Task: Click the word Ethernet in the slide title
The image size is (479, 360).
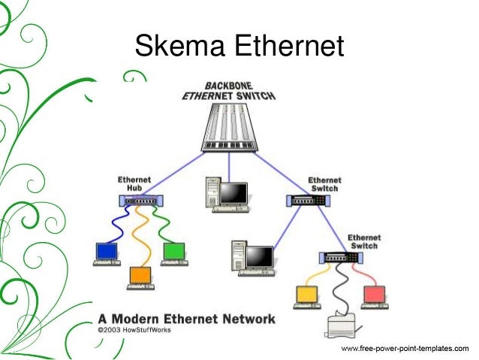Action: click(289, 46)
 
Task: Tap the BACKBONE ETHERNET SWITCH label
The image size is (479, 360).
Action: click(229, 91)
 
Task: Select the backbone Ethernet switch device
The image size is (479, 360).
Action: click(230, 128)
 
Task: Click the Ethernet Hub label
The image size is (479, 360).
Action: click(134, 183)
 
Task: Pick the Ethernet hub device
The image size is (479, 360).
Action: click(141, 201)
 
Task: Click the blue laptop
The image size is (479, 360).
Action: click(107, 254)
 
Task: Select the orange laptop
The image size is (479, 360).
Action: click(140, 278)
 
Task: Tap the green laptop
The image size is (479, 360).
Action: click(174, 254)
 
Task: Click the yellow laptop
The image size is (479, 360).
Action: click(307, 298)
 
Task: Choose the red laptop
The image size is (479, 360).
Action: click(375, 298)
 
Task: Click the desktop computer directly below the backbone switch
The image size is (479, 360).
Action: click(227, 195)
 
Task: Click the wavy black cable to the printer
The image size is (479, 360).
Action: click(341, 289)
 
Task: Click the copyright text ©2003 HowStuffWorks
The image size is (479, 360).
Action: click(134, 330)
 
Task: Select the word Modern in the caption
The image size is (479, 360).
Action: click(135, 319)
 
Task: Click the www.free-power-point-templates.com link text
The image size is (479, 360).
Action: click(405, 349)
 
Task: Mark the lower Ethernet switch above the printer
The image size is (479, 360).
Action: click(341, 258)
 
